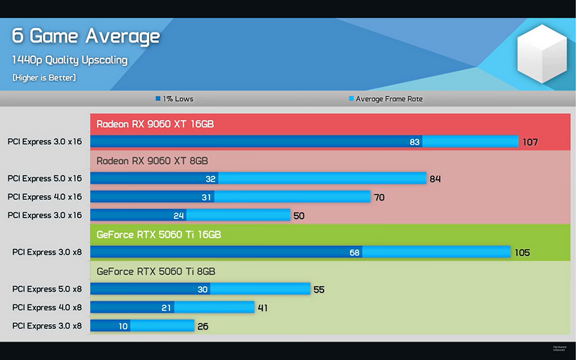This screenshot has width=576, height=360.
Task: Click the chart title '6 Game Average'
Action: point(86,36)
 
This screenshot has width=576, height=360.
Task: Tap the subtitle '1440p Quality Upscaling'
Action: point(70,60)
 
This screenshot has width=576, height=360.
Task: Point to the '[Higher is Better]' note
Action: point(44,77)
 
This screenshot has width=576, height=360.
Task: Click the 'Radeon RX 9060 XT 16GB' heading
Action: point(155,124)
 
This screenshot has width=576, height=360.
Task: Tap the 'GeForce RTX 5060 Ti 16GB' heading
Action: point(158,235)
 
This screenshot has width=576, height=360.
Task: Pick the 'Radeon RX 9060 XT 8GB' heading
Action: point(152,161)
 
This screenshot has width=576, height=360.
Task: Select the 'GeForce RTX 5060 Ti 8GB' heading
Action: point(155,271)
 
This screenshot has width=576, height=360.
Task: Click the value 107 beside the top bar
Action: point(530,142)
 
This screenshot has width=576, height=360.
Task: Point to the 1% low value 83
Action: point(415,142)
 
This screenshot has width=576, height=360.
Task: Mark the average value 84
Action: point(435,179)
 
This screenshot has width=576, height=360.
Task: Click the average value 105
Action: point(521,252)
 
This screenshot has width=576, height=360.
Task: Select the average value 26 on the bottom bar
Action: point(203,326)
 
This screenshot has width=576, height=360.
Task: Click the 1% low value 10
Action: point(123,326)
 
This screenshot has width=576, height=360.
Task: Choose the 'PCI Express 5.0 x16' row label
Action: point(45,179)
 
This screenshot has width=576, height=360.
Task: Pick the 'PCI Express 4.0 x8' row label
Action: point(47,307)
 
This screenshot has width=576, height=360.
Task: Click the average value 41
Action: point(262,308)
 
